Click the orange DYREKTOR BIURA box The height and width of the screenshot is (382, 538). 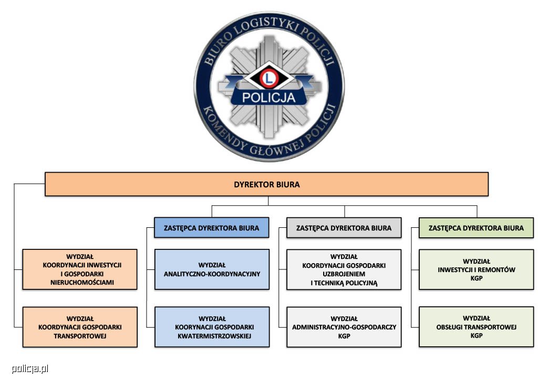coord(266,184)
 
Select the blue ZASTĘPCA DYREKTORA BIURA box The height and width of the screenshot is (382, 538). coord(211,227)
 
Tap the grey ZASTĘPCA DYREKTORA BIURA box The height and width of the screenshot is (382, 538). coord(344,227)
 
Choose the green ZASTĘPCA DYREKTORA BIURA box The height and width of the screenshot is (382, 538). coord(476,227)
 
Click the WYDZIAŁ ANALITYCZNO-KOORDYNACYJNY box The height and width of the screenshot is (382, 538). coord(212,269)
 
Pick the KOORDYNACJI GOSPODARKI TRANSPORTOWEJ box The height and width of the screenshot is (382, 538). coord(80,327)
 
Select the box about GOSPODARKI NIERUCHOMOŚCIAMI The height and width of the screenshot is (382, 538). coord(80,269)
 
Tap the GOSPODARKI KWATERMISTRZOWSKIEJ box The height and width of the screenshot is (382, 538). coord(212,327)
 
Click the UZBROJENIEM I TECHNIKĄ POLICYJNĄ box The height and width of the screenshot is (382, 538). coord(344,269)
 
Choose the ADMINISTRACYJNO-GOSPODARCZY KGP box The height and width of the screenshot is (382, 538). coord(344,327)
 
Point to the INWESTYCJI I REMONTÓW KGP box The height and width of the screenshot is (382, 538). coord(476,269)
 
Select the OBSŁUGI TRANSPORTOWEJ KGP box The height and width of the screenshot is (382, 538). coord(476,327)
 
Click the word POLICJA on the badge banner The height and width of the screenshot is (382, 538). coord(268,97)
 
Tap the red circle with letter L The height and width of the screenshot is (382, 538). coord(269,78)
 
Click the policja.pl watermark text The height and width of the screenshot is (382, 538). coord(30,369)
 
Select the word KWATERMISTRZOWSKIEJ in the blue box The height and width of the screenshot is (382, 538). coord(214,336)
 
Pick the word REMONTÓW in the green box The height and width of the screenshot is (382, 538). coord(496,270)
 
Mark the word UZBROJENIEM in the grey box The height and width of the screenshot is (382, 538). coord(344,274)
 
